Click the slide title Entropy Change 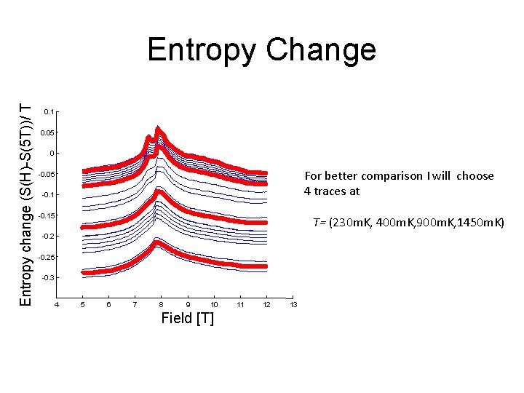(261, 50)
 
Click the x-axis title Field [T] (187, 318)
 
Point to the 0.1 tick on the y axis (48, 111)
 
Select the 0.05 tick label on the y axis (46, 132)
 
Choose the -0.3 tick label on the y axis (47, 278)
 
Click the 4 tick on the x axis (57, 303)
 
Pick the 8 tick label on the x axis (162, 303)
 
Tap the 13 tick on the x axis (293, 303)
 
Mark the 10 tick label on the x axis (214, 303)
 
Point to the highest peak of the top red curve (158, 131)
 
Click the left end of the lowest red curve (84, 273)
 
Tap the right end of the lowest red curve (266, 267)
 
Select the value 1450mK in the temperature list (478, 222)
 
